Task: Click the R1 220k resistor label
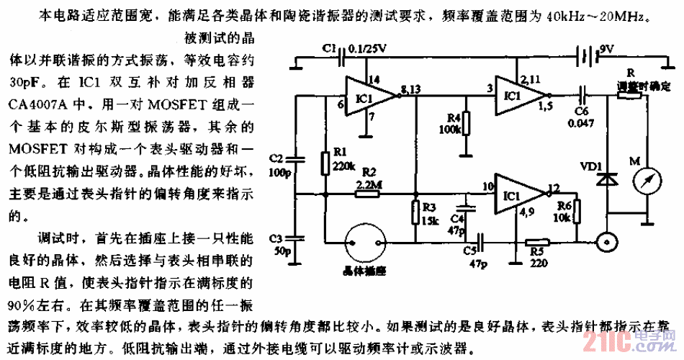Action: [343, 159]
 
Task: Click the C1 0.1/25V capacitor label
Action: [355, 49]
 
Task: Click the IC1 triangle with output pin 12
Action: [517, 194]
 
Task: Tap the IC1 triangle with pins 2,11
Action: [516, 95]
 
